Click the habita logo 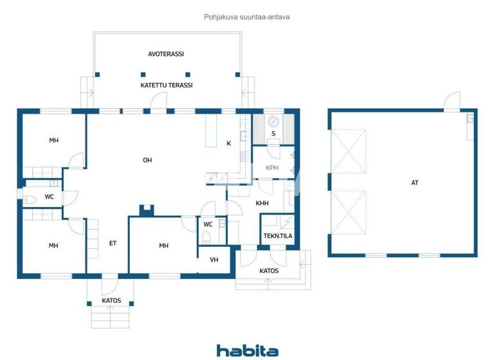click(247, 350)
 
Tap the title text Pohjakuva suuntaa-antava click(247, 17)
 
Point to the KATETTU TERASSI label click(167, 85)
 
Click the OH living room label click(147, 160)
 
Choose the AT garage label click(415, 183)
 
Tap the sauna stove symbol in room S click(273, 122)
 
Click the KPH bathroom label click(272, 168)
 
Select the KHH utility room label click(262, 203)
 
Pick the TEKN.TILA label click(278, 236)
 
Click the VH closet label click(214, 260)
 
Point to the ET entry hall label click(113, 243)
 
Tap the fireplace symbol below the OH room click(147, 210)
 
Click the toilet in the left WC click(28, 197)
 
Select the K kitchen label click(228, 143)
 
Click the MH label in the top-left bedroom click(53, 140)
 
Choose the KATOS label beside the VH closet click(269, 271)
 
